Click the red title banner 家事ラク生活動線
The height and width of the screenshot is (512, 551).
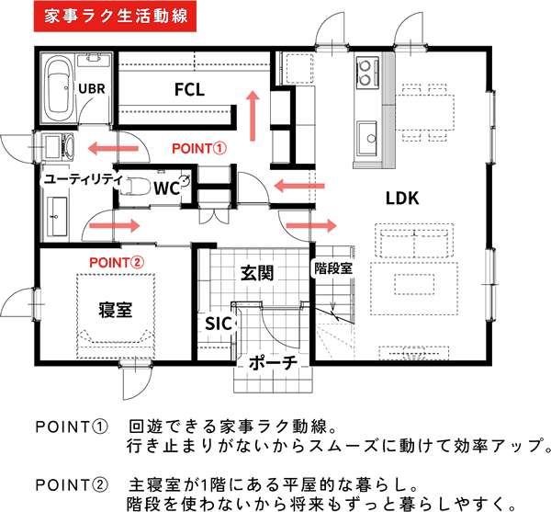pos(113,17)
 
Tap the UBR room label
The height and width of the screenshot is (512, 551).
pos(92,87)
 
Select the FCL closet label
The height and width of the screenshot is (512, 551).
pos(189,89)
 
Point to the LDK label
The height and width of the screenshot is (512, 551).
pos(401,198)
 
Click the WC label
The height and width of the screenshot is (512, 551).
pos(166,188)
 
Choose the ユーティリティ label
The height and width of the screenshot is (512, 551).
pos(83,179)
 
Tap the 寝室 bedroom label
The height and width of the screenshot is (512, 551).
pos(116,308)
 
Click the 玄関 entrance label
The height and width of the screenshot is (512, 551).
pos(257,272)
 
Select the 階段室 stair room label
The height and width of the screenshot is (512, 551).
pos(333,268)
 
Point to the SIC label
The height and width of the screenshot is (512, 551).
pos(218,324)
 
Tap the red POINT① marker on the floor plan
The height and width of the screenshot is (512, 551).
pos(199,147)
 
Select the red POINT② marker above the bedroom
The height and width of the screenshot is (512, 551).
pos(117,261)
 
